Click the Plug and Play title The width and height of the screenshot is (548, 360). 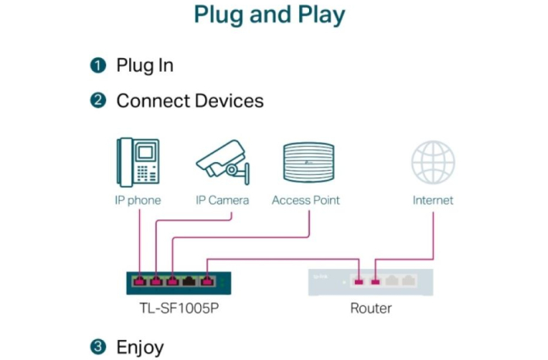click(x=269, y=15)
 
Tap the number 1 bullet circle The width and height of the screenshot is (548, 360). click(x=97, y=65)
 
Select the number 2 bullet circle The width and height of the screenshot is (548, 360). click(x=97, y=100)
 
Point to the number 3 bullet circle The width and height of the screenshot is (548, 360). click(x=97, y=347)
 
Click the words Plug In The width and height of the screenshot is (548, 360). click(x=145, y=65)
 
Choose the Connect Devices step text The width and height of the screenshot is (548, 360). click(x=189, y=100)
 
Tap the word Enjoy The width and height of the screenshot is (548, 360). click(x=140, y=347)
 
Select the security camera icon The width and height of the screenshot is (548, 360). click(x=223, y=161)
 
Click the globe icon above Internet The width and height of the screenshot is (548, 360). click(x=433, y=162)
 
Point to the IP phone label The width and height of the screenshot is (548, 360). click(x=138, y=200)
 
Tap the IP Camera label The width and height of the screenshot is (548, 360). click(x=223, y=200)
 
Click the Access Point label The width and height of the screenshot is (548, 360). click(x=305, y=200)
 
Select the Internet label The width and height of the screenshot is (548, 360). click(x=433, y=200)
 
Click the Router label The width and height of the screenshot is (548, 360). click(x=371, y=308)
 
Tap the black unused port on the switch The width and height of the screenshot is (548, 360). click(x=189, y=280)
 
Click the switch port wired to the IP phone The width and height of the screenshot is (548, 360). click(x=139, y=280)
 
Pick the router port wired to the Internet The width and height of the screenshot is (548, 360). click(x=376, y=280)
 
